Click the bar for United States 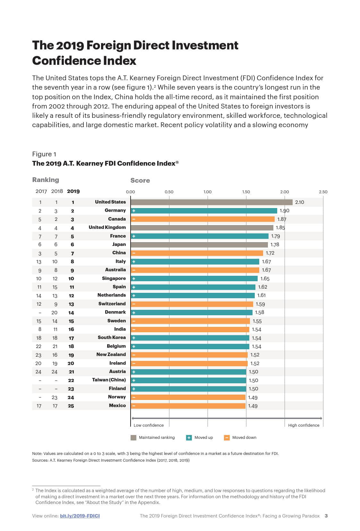(x=211, y=202)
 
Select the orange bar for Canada (x=203, y=219)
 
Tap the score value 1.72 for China (x=270, y=253)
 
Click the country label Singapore (x=114, y=278)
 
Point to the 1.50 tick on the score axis (x=246, y=192)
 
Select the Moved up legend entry (x=200, y=438)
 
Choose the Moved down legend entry (x=240, y=438)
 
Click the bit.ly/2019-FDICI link (x=80, y=516)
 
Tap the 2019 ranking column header (x=73, y=191)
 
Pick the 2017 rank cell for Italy (x=39, y=262)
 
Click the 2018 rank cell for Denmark (x=55, y=313)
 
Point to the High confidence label (x=304, y=425)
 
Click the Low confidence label (x=149, y=425)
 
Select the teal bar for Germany (x=204, y=211)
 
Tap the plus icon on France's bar (x=134, y=236)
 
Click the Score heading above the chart (x=140, y=180)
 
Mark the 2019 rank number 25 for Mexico (x=71, y=406)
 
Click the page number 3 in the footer (x=326, y=516)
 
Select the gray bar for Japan (x=199, y=245)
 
